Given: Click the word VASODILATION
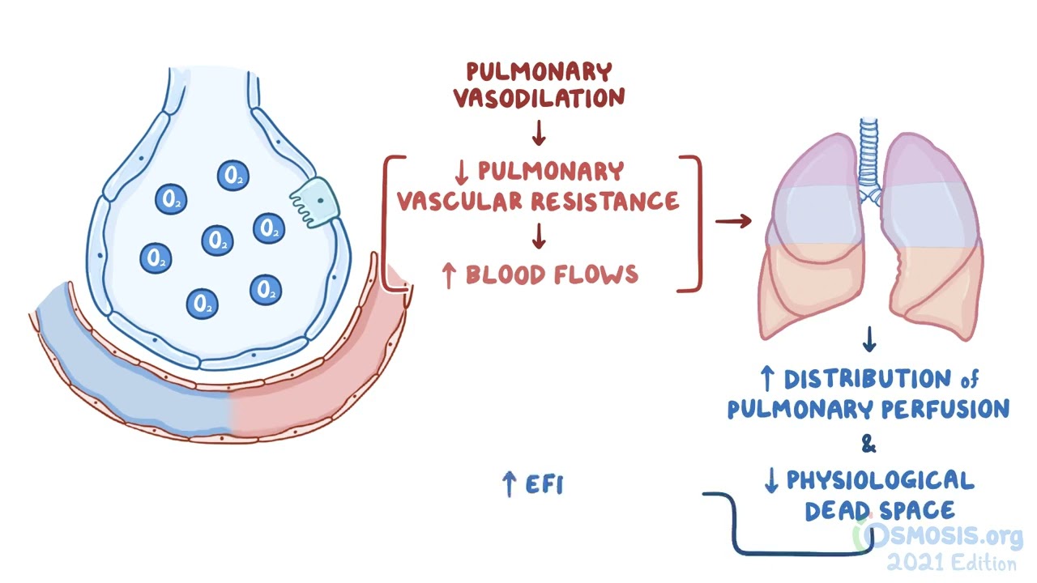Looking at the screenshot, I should [x=539, y=99].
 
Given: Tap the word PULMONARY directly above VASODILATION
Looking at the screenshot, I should [x=539, y=72].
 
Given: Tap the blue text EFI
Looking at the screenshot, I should [x=544, y=485].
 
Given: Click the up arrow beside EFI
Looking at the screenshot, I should [x=509, y=484].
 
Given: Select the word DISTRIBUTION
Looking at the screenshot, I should [x=866, y=379].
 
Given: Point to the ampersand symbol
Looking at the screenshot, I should [x=868, y=444].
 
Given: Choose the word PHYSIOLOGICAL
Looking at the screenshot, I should [x=881, y=481].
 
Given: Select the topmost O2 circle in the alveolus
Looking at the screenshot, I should [x=233, y=175].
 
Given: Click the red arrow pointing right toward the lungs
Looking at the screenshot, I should [x=733, y=220].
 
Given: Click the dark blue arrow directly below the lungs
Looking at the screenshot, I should [x=868, y=340].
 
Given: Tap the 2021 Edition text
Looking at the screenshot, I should [x=952, y=563].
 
